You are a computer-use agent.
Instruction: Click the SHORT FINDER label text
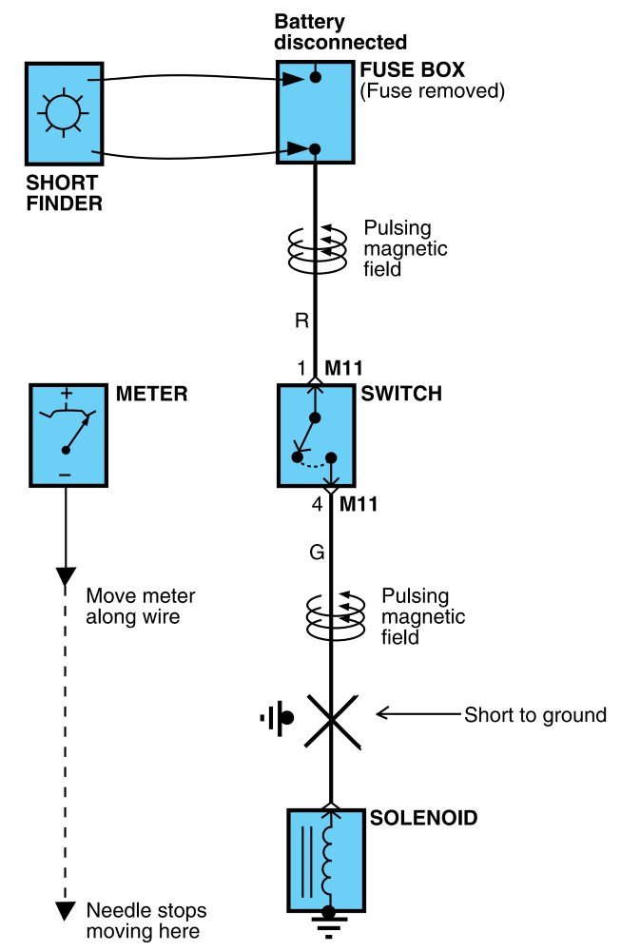[x=64, y=193]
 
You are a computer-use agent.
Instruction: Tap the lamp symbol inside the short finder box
[x=63, y=113]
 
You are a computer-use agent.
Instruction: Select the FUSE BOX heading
[x=413, y=69]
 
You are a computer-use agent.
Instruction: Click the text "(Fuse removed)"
[x=433, y=91]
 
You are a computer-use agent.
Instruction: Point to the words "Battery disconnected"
[x=340, y=32]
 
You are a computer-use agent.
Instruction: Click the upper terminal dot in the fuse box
[x=315, y=77]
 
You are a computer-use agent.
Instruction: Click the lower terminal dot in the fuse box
[x=314, y=148]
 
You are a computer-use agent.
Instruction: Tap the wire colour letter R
[x=301, y=320]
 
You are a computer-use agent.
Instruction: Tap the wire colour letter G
[x=317, y=553]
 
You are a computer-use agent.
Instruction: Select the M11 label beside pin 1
[x=344, y=368]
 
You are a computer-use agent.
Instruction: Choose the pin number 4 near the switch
[x=317, y=504]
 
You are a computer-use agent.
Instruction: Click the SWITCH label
[x=401, y=394]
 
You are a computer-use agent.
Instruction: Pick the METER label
[x=151, y=394]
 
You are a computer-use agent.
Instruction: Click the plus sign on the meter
[x=67, y=393]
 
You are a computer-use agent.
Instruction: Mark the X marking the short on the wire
[x=331, y=721]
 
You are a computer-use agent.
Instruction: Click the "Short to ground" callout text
[x=535, y=715]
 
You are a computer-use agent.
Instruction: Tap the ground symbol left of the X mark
[x=278, y=718]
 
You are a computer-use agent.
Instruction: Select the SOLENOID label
[x=424, y=818]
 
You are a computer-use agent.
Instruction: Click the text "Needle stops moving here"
[x=146, y=921]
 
